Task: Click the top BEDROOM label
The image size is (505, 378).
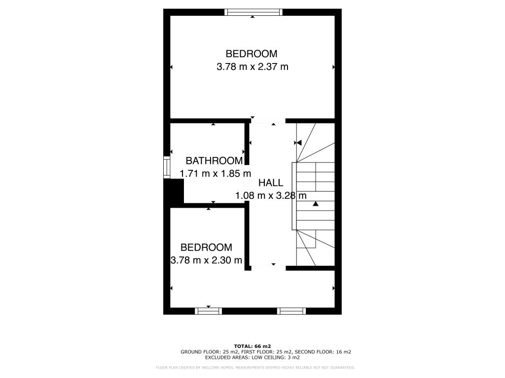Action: [x=252, y=54]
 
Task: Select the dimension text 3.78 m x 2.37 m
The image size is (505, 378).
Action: [x=252, y=67]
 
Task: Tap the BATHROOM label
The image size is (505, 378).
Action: [x=214, y=160]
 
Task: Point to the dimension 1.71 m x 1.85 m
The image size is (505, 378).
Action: [x=216, y=173]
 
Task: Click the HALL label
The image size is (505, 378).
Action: [x=271, y=183]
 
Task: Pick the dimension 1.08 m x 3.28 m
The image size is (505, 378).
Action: [x=271, y=195]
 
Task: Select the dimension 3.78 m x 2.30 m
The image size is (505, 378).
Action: [x=206, y=260]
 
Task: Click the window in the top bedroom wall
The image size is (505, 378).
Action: [x=253, y=12]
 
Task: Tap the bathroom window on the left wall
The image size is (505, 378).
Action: [x=167, y=167]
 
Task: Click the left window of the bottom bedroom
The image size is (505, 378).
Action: [x=208, y=311]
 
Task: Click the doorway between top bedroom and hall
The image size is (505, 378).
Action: [x=268, y=121]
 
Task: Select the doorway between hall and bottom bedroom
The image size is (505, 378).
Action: [x=268, y=267]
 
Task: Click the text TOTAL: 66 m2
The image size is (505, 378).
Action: [x=252, y=346]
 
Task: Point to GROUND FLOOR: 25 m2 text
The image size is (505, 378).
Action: [x=210, y=352]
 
